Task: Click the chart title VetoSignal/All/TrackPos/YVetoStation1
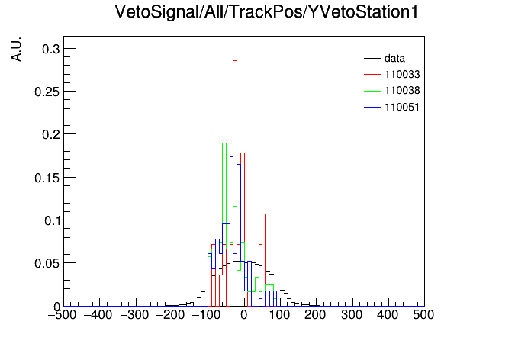[x=266, y=11]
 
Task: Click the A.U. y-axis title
[x=16, y=49]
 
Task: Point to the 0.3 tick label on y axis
[x=51, y=49]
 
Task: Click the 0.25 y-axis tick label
[x=47, y=92]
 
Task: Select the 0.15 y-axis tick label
[x=47, y=178]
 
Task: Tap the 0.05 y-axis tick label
[x=47, y=263]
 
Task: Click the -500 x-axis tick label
[x=63, y=315]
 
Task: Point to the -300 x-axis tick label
[x=135, y=315]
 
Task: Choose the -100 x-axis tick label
[x=206, y=315]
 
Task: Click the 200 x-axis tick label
[x=315, y=315]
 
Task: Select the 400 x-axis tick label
[x=388, y=315]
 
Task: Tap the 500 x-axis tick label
[x=423, y=315]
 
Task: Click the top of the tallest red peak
[x=235, y=60]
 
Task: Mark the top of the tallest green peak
[x=224, y=143]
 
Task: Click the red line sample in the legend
[x=372, y=75]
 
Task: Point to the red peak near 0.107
[x=264, y=214]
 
